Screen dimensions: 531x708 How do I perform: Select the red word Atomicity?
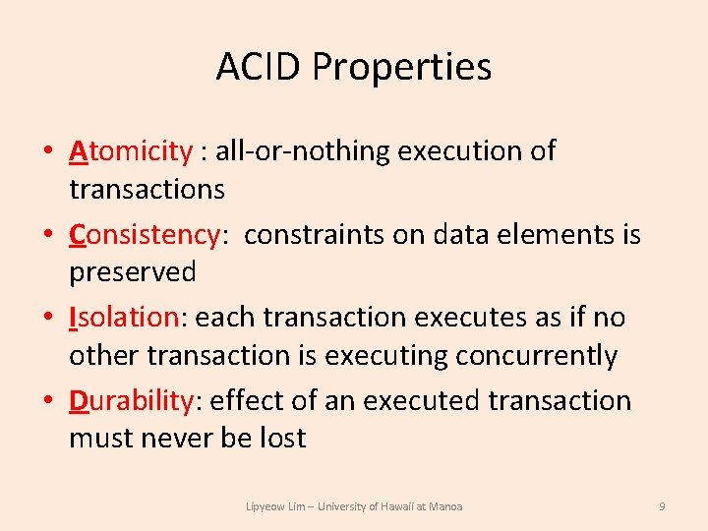(130, 151)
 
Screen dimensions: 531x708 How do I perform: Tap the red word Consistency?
(143, 235)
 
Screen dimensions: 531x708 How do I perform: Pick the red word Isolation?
(122, 318)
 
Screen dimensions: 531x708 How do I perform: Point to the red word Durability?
(131, 401)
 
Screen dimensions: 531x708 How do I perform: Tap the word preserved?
(132, 272)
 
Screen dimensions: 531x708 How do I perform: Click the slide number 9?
(662, 506)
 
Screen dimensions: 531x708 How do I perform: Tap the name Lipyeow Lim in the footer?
(276, 506)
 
